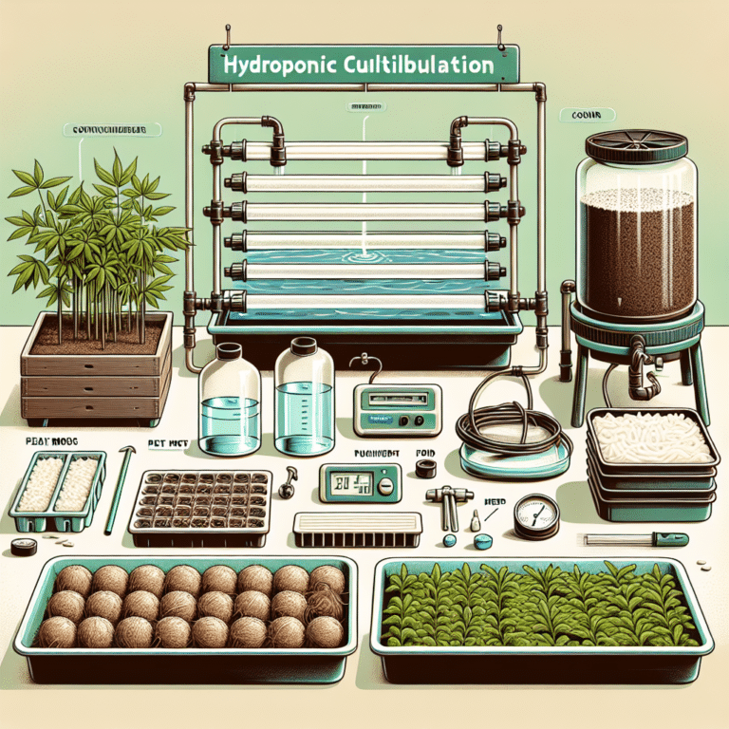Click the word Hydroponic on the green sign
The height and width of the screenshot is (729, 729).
[x=275, y=67]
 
